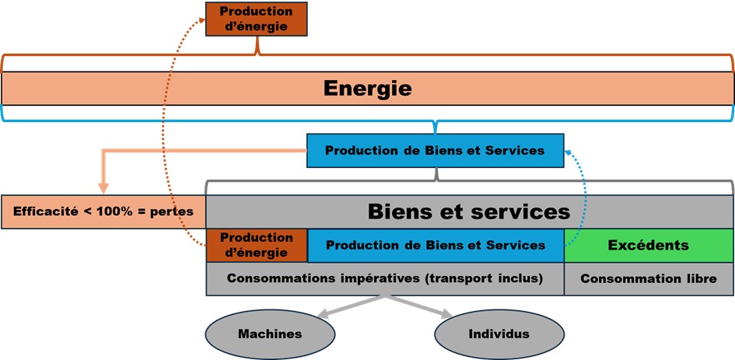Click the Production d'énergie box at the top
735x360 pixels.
coord(257,18)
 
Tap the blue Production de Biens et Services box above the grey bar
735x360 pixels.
coord(435,150)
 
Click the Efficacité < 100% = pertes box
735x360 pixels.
coord(103,211)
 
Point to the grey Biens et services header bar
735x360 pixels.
coord(469,211)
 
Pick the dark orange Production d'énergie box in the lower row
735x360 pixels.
coord(257,245)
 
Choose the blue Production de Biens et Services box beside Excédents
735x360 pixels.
coord(436,245)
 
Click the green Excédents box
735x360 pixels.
coord(649,245)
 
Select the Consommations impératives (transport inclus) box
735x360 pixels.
coord(384,278)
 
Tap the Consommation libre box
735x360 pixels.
coord(649,278)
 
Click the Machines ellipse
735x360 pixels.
coord(270,334)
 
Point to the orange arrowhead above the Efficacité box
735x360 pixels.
coord(103,187)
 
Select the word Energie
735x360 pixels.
coord(367,89)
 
